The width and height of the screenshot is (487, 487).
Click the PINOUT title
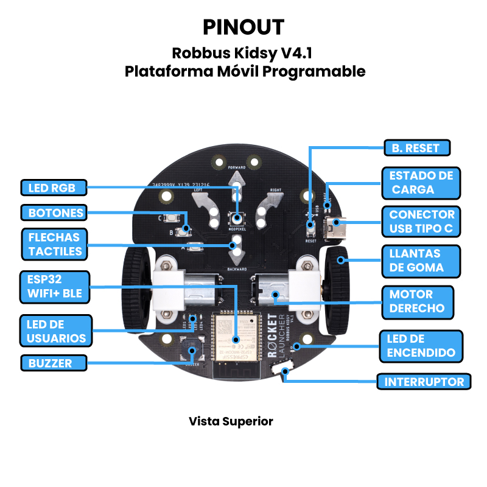[243, 27]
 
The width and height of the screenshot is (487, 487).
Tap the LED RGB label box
[52, 187]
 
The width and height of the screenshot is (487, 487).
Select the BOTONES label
[52, 213]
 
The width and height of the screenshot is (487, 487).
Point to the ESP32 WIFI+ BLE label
[54, 287]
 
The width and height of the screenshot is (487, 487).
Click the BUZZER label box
[52, 363]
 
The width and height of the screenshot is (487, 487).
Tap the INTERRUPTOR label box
[424, 382]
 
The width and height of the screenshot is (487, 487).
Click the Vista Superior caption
[231, 421]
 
